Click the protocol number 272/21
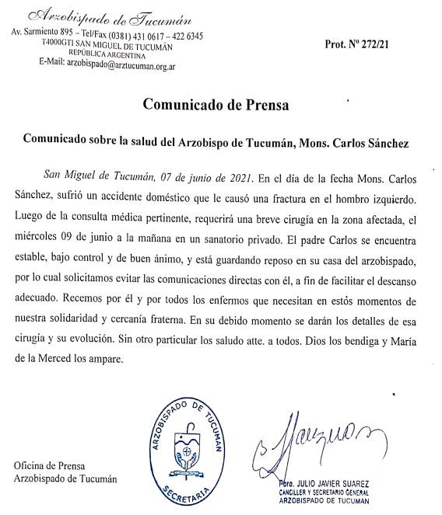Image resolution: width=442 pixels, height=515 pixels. coord(372,44)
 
